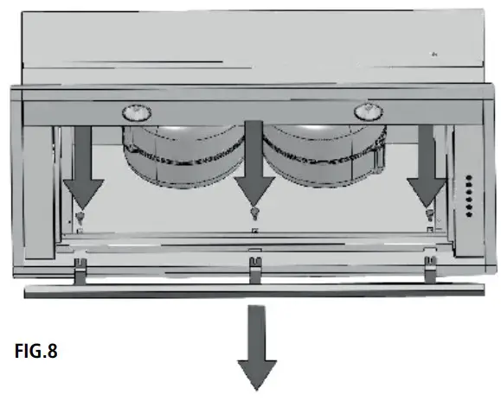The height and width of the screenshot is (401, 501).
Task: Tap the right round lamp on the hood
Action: click(x=369, y=111)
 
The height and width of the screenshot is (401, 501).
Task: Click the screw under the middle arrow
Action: click(x=254, y=213)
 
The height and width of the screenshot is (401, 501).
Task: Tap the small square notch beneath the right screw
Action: click(x=429, y=231)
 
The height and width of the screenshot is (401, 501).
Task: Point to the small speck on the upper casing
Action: click(x=434, y=54)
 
